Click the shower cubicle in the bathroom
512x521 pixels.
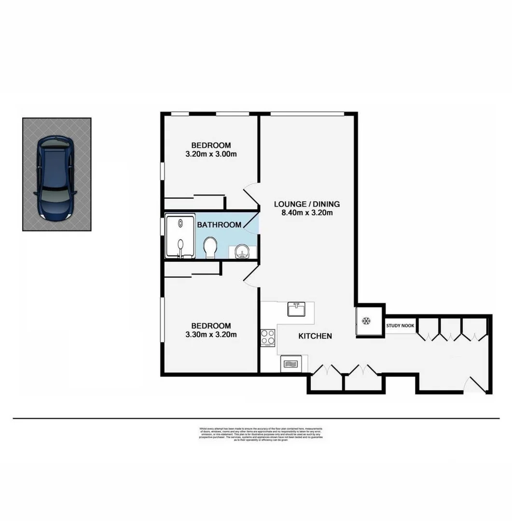click(180, 236)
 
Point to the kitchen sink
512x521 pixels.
click(295, 309)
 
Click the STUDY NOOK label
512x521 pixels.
click(400, 326)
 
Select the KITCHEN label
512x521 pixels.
click(315, 336)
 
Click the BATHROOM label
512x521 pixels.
click(219, 225)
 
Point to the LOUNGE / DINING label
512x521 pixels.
click(307, 203)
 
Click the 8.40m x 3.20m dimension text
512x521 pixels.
click(307, 212)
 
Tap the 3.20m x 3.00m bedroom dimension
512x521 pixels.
click(211, 154)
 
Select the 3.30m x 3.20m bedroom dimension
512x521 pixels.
click(211, 334)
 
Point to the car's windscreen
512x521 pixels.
click(55, 195)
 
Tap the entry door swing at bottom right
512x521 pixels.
click(475, 384)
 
